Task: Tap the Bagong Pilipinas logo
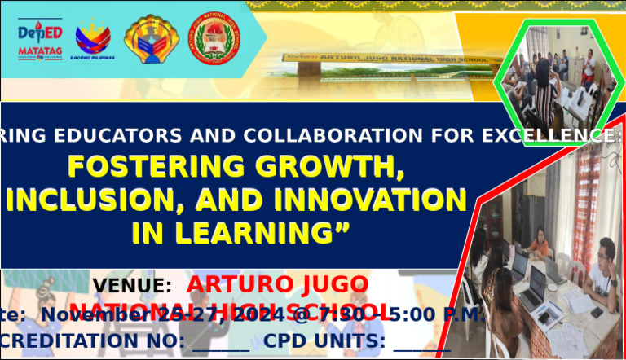pyautogui.click(x=94, y=38)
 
